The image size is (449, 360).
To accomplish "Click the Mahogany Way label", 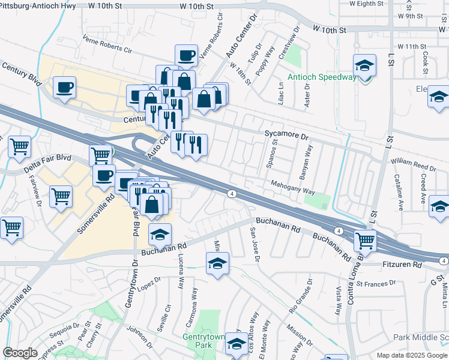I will coord(292,188).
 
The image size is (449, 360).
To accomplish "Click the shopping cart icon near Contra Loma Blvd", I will coord(365,241).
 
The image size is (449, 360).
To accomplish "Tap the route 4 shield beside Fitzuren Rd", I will coord(442,260).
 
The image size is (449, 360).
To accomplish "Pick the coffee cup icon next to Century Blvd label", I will coord(64,87).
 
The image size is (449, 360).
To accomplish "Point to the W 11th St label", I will coord(411,46).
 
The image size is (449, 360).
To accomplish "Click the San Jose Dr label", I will coord(254,244).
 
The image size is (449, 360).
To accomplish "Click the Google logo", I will coord(20,353).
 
